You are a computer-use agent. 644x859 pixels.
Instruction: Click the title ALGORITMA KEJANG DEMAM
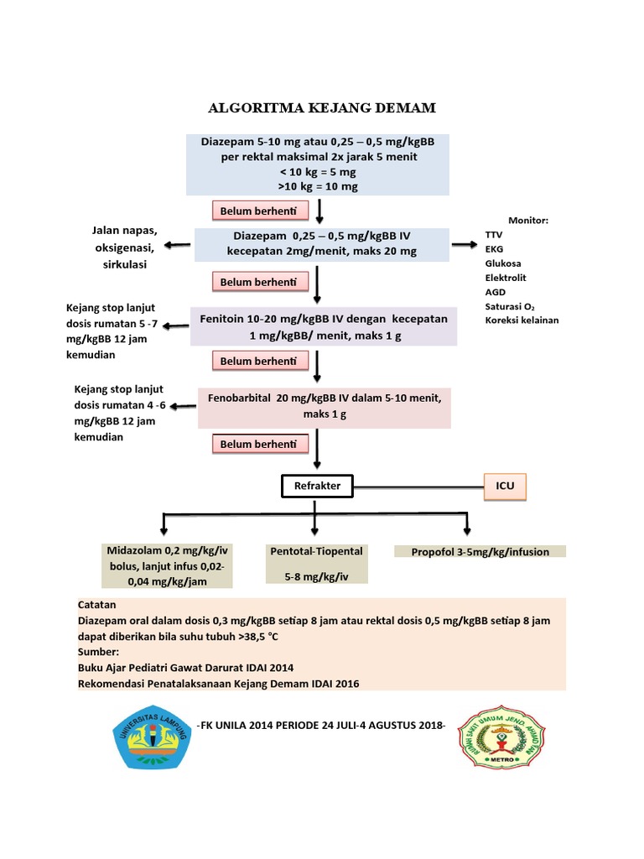pos(322,109)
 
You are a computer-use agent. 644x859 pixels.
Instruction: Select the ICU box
pos(506,486)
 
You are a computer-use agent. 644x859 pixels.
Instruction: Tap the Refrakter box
pos(317,486)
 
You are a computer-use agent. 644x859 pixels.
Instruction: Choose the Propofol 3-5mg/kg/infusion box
pos(480,551)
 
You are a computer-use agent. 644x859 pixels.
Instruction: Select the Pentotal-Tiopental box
pos(316,564)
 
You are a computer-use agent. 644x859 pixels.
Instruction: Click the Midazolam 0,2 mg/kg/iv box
pos(168,564)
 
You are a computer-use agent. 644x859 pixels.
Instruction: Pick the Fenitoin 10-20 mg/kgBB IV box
pos(324,326)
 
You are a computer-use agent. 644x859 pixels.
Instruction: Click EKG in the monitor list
pos(495,248)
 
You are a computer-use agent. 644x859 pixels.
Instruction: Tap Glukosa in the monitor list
pos(502,263)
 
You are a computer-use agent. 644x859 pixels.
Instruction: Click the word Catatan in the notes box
pos(98,604)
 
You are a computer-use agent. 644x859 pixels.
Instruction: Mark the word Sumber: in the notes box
pos(98,651)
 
